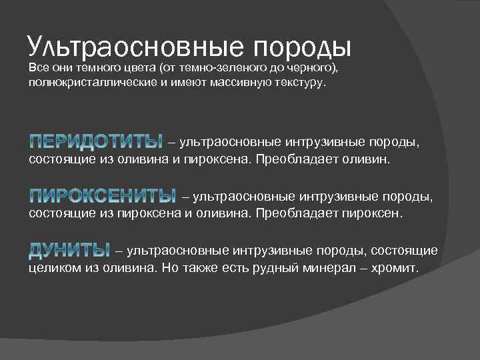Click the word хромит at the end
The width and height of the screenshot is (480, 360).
point(396,269)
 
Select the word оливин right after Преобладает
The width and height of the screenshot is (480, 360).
point(371,160)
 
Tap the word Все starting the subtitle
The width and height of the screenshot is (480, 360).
point(37,69)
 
